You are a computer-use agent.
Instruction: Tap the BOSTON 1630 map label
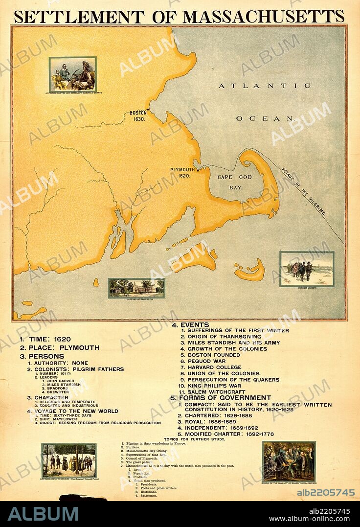pyautogui.click(x=138, y=116)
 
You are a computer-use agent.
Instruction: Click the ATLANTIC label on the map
pyautogui.click(x=264, y=86)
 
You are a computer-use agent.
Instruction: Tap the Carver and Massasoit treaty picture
pyautogui.click(x=72, y=74)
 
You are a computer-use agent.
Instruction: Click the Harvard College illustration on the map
pyautogui.click(x=136, y=288)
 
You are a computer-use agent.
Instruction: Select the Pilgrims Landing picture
pyautogui.click(x=307, y=269)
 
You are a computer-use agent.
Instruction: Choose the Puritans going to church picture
pyautogui.click(x=68, y=460)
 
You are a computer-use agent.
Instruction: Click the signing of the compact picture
pyautogui.click(x=289, y=461)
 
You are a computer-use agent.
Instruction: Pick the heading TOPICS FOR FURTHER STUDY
pyautogui.click(x=195, y=439)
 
